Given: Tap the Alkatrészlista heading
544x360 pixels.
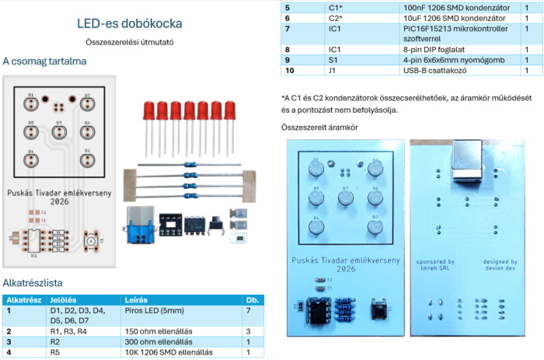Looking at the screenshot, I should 33,283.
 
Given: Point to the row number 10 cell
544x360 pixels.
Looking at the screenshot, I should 288,71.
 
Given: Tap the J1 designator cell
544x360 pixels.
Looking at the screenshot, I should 334,71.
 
